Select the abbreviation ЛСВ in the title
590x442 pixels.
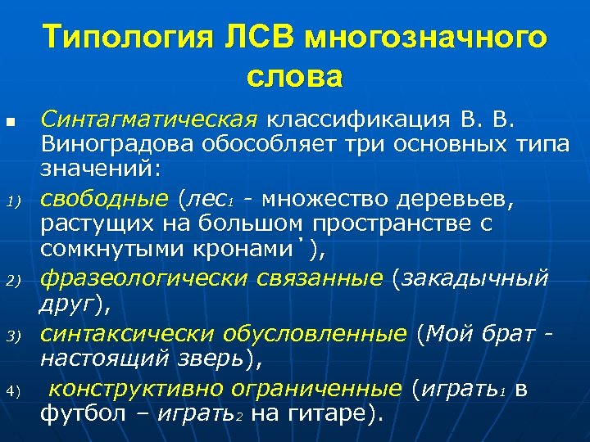[x=268, y=38]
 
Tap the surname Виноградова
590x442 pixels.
[x=118, y=144]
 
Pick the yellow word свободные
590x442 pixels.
[x=103, y=197]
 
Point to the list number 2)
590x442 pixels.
[x=12, y=281]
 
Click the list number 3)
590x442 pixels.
[x=12, y=336]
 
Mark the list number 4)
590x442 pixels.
[x=12, y=390]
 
